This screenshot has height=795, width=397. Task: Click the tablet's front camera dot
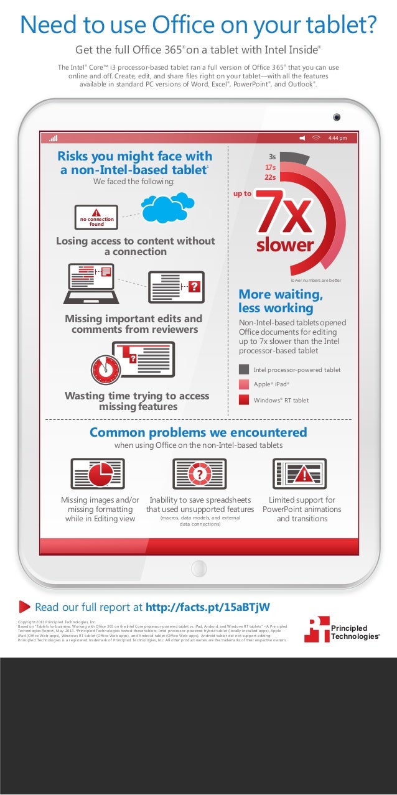[x=336, y=116]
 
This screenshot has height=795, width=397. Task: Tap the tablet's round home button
[x=198, y=567]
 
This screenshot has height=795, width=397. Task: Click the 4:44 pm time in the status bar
[x=337, y=137]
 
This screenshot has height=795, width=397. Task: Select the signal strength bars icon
[x=54, y=137]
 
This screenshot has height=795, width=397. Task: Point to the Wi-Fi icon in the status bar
[x=317, y=137]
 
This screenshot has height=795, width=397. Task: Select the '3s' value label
[x=272, y=157]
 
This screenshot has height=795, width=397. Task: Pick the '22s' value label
[x=270, y=177]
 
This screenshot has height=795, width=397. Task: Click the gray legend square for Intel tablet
[x=244, y=370]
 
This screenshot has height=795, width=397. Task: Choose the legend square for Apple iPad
[x=244, y=384]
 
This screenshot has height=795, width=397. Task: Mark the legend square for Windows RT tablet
[x=244, y=400]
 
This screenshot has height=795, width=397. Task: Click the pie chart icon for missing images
[x=97, y=474]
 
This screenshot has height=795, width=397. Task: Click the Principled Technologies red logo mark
[x=316, y=629]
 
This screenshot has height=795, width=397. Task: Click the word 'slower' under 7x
[x=284, y=245]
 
